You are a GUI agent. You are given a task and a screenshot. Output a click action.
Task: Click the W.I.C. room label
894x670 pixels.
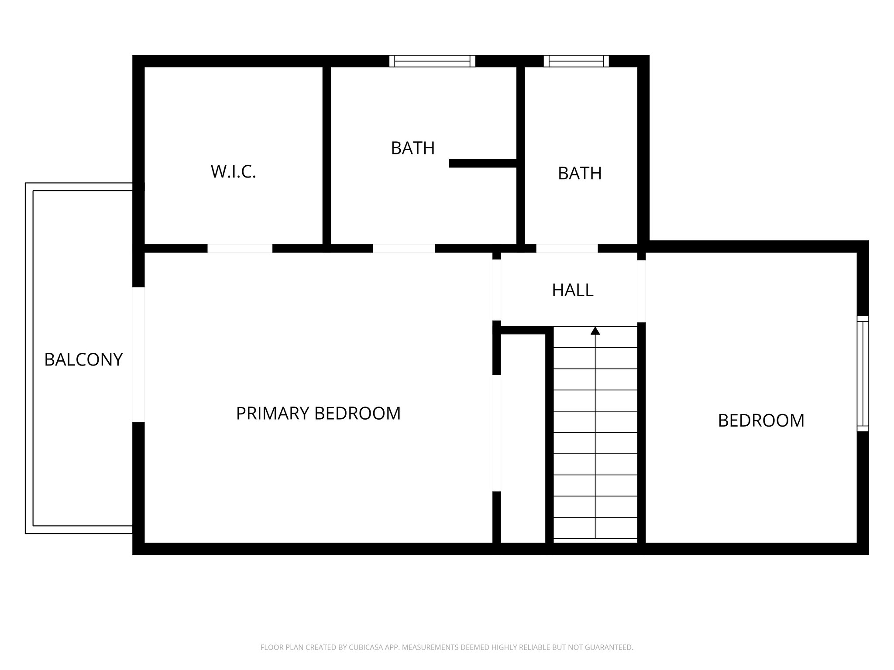tap(233, 171)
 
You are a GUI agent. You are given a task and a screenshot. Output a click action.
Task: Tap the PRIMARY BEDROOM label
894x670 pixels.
tap(318, 414)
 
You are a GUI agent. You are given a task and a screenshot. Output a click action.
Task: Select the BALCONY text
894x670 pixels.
tap(83, 360)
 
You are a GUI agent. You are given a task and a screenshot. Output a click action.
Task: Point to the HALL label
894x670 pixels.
tap(572, 291)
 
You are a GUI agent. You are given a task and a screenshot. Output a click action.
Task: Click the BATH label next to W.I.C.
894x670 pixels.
tap(413, 148)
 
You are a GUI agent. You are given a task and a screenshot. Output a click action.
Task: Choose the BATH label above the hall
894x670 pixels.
tap(580, 174)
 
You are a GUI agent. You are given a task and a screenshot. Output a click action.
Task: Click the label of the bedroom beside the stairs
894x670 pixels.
tap(761, 420)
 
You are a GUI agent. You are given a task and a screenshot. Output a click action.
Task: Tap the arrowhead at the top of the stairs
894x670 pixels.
tap(595, 331)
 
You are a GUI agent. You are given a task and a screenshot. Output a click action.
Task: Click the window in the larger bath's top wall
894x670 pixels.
tap(432, 61)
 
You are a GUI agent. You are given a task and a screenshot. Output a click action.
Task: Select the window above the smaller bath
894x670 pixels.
tap(576, 61)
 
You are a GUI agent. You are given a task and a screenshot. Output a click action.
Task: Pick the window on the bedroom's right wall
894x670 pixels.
tap(863, 374)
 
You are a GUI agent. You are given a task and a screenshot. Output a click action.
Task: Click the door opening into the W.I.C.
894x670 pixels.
tap(240, 249)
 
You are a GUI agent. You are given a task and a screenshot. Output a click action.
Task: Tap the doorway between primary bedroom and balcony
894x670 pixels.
tap(138, 354)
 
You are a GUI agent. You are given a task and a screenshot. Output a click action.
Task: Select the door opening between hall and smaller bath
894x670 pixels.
tap(567, 249)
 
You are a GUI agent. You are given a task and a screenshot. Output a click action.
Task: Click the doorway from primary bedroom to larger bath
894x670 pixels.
tap(404, 249)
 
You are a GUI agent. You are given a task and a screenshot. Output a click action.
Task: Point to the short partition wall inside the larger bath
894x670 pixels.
tap(483, 164)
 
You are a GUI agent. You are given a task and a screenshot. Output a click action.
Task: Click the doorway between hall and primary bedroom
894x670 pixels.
tap(497, 290)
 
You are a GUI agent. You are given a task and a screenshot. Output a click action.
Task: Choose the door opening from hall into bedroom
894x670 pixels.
tap(641, 291)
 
